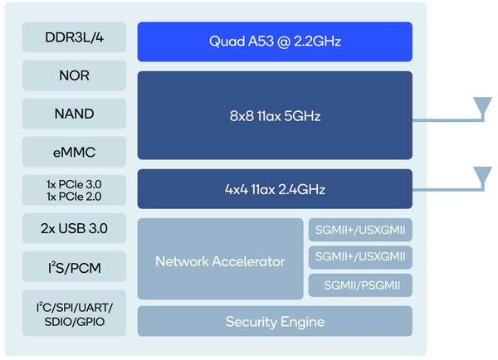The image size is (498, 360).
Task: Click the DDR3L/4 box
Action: (x=75, y=36)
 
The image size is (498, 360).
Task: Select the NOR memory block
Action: (x=75, y=75)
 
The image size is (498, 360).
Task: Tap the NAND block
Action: (x=75, y=114)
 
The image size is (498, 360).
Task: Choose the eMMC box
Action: (x=75, y=152)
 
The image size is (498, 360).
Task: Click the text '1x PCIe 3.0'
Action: (x=74, y=184)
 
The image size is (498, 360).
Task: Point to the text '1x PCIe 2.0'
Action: (x=74, y=197)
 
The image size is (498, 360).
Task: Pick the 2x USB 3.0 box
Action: (x=75, y=228)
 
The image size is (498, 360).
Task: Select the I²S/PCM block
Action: (x=75, y=266)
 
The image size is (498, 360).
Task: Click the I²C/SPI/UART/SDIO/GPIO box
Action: (x=75, y=313)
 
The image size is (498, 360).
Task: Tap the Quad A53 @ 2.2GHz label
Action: (x=275, y=41)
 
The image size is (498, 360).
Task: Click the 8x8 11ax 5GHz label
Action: (x=275, y=116)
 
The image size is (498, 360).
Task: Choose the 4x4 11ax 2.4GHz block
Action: (x=275, y=189)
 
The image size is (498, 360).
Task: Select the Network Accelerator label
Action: (x=220, y=261)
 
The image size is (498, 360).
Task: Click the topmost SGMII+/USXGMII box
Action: (x=360, y=230)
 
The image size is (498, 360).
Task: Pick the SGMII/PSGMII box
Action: (x=360, y=285)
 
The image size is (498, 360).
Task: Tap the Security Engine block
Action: (x=275, y=321)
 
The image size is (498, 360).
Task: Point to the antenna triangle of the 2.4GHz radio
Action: (x=483, y=174)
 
